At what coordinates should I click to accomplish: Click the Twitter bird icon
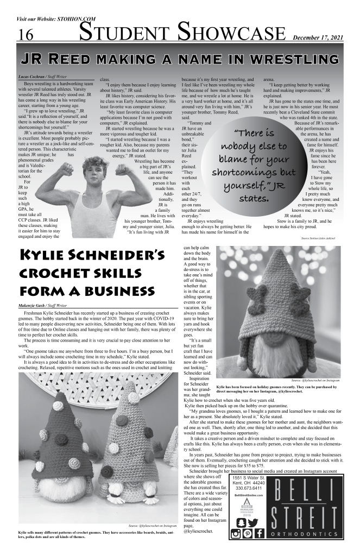point(254,522)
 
